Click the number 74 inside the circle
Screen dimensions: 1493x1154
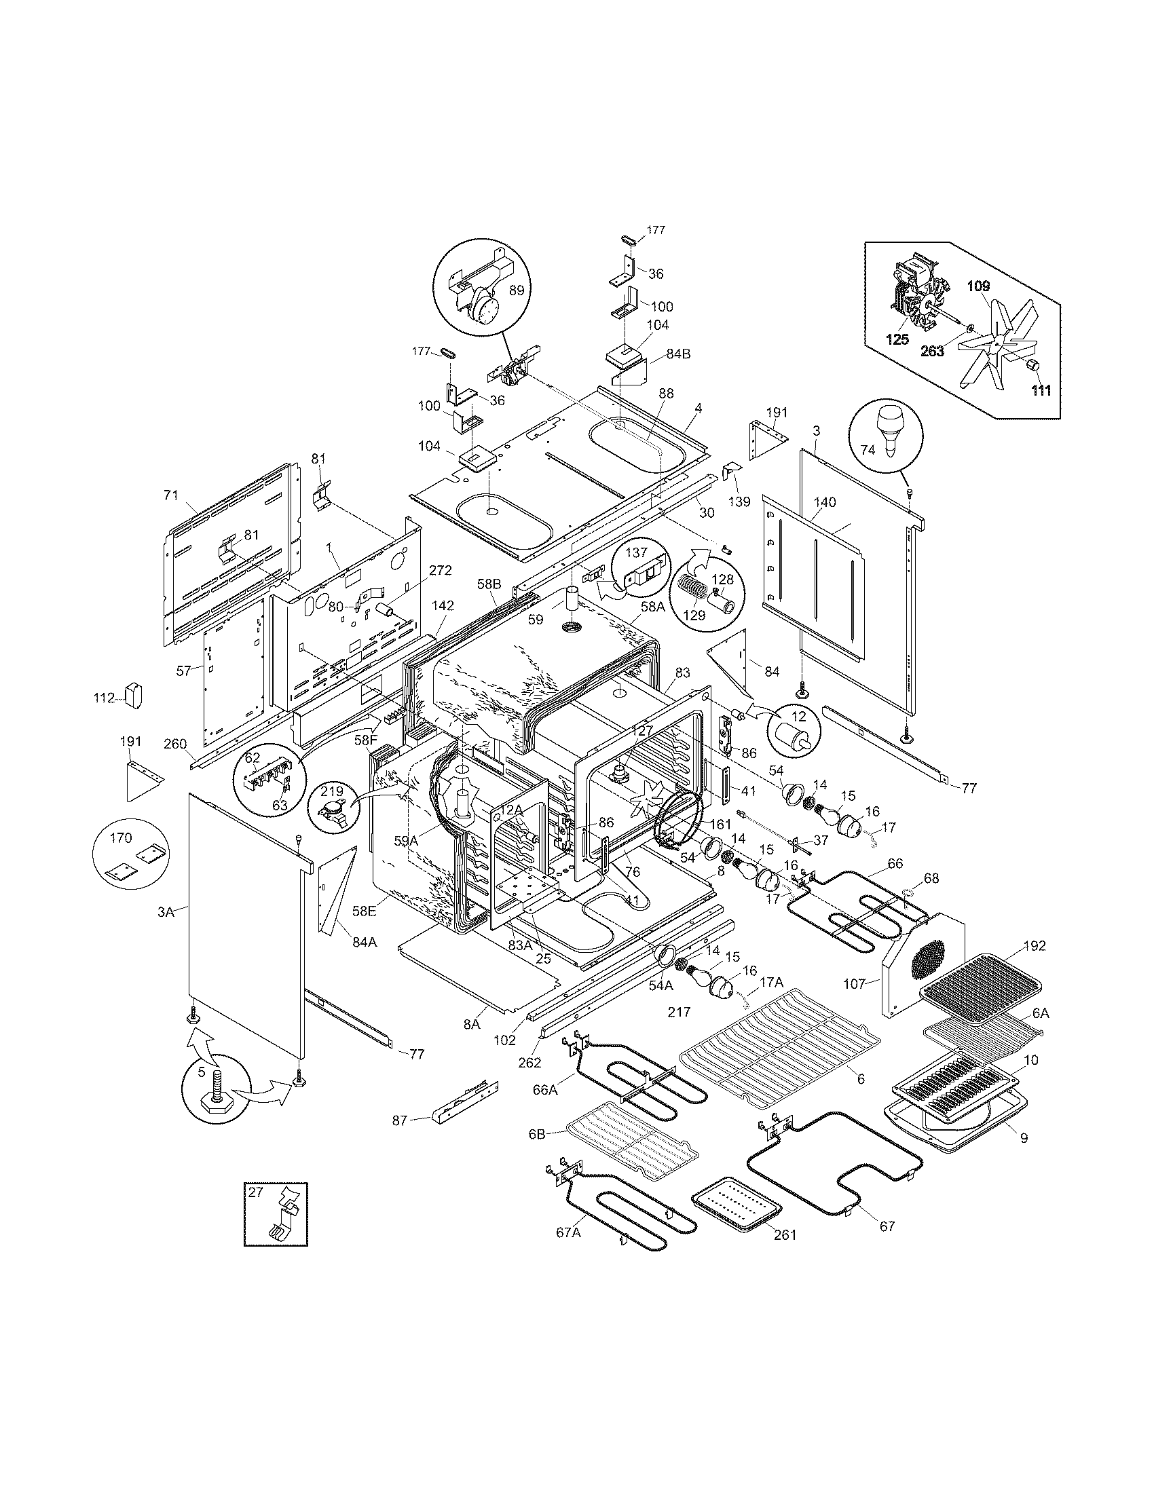(x=867, y=450)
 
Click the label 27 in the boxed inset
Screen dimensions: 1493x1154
(x=255, y=1193)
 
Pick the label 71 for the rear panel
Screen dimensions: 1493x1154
(x=171, y=495)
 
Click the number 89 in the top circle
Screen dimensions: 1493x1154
(x=517, y=290)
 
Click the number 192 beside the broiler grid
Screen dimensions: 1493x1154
(x=1035, y=946)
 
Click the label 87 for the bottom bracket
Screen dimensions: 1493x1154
(x=399, y=1120)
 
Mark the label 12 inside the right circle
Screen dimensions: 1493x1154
(x=798, y=717)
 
